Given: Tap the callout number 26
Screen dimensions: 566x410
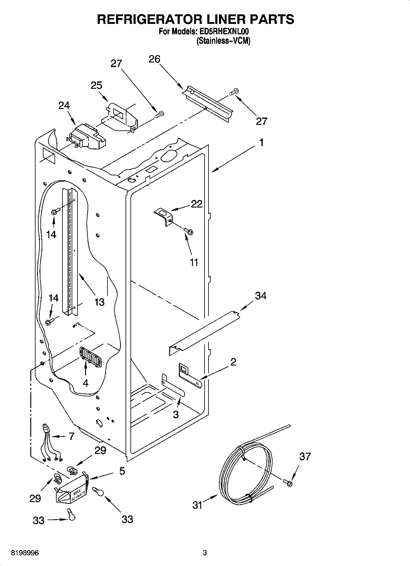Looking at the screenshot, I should (x=154, y=59).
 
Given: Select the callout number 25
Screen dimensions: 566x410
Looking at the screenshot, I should (x=96, y=85).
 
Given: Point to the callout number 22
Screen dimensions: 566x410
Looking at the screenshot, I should (x=197, y=204).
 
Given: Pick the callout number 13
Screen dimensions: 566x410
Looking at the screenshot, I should (x=100, y=302).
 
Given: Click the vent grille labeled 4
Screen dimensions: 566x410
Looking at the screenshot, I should (x=90, y=356).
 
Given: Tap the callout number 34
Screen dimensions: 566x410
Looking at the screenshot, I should (x=261, y=296).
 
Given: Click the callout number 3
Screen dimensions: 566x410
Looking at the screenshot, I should (x=175, y=414).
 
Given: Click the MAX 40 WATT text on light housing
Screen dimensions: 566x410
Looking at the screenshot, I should (x=77, y=494).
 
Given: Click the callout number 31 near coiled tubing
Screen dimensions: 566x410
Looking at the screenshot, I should (x=197, y=504).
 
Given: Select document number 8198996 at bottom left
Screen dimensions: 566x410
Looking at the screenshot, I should (x=24, y=553).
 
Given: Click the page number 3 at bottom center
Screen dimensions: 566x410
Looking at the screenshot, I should (x=205, y=553).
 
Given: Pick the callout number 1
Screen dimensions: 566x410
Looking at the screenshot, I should (x=261, y=143).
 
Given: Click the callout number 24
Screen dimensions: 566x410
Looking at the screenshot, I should (x=64, y=105).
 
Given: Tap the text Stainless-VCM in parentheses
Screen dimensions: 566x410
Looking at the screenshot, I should (x=223, y=41).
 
